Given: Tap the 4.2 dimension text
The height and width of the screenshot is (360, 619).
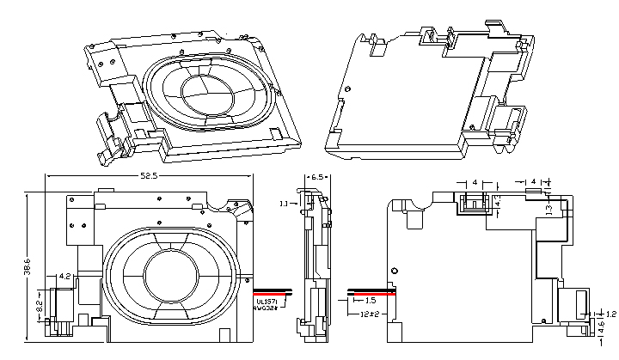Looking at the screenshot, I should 64,276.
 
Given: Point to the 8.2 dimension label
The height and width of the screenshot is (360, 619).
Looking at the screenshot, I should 40,305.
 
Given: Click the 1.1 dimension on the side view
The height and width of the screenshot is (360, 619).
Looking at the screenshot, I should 284,204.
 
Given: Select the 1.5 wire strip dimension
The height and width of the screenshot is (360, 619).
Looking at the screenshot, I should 371,302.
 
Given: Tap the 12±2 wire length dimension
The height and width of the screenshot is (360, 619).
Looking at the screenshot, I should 370,316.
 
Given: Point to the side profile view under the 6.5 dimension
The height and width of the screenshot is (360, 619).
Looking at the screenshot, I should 315,262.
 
